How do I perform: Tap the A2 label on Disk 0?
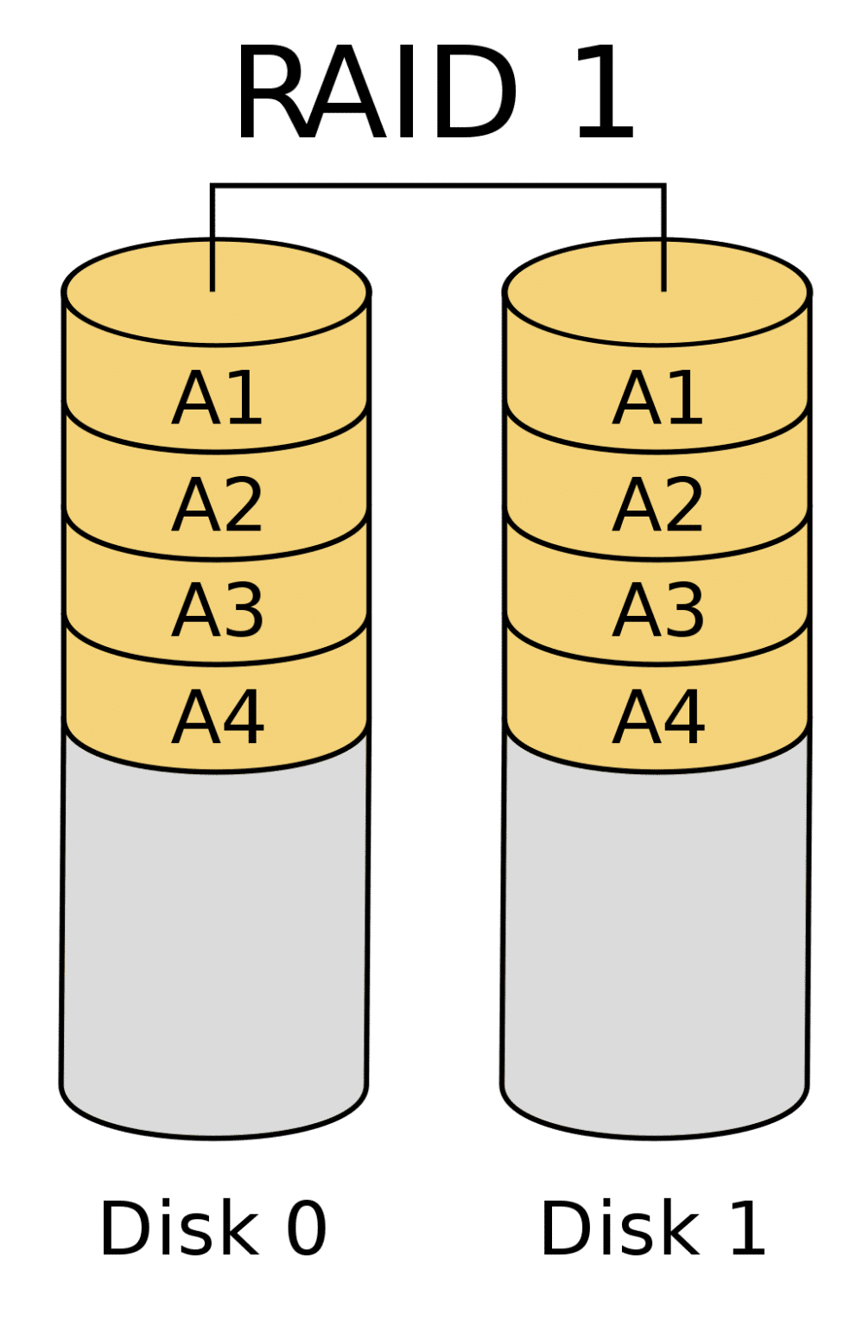tap(216, 505)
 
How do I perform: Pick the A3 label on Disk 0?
tap(217, 610)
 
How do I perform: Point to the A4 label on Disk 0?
tap(217, 716)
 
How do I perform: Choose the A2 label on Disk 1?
tap(657, 505)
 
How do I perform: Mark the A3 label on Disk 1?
tap(657, 610)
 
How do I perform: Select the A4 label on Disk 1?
tap(657, 716)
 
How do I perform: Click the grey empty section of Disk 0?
tap(214, 948)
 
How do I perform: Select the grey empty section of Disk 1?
tap(655, 948)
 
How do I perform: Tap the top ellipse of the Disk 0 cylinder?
tap(216, 291)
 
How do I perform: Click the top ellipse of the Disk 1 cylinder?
tap(657, 291)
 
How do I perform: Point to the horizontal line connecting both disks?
tap(438, 186)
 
